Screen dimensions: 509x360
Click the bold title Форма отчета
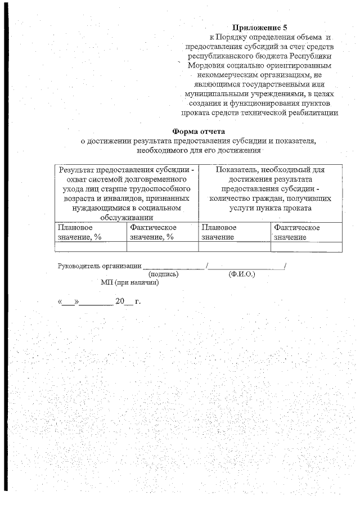(x=199, y=132)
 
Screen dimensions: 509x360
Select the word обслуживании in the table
(x=127, y=218)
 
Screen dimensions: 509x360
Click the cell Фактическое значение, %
(x=162, y=232)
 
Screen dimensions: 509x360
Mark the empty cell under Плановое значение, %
(x=90, y=246)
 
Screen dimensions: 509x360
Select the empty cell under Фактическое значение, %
(x=162, y=246)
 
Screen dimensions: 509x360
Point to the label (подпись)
(x=163, y=274)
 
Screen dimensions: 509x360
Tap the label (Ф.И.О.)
(x=242, y=274)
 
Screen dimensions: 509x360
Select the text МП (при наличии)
(x=130, y=282)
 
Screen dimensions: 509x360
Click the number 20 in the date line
(x=119, y=301)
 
